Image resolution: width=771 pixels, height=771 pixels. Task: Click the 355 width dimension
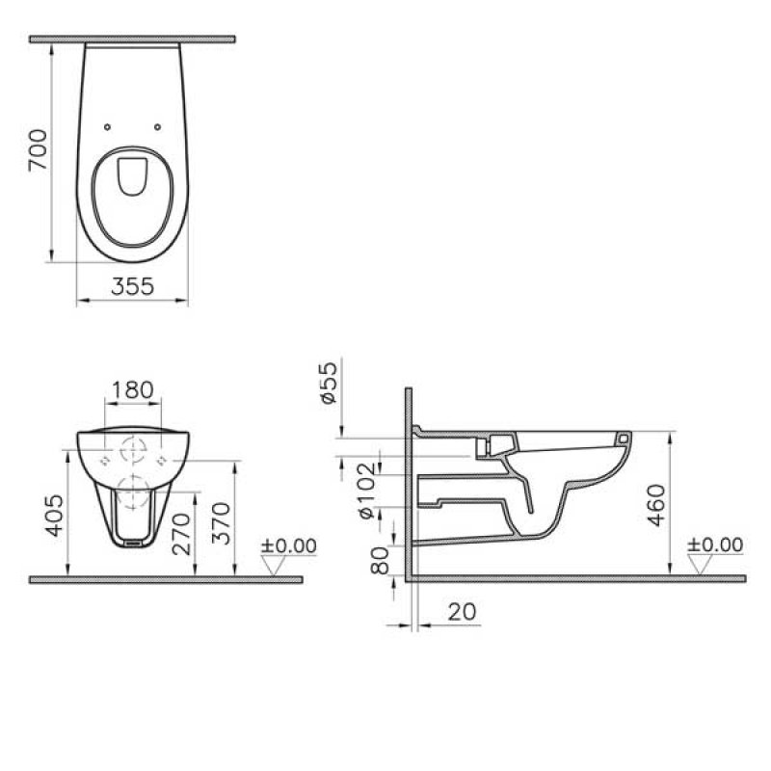coord(132,286)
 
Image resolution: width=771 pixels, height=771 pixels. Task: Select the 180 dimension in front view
coord(133,389)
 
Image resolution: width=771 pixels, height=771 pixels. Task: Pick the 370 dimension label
coord(221,520)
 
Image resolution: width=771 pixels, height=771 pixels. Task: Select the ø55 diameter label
coord(327,384)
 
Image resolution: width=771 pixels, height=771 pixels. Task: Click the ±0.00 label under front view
coord(289,545)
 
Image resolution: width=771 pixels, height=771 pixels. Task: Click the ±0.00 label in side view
coord(715,545)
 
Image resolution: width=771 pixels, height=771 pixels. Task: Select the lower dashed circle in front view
coord(133,488)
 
